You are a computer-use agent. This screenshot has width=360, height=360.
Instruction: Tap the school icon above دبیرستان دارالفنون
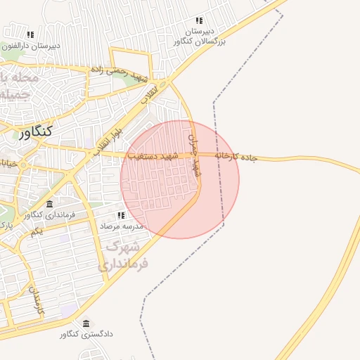pyautogui.click(x=30, y=34)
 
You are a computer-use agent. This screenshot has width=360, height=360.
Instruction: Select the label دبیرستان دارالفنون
pyautogui.click(x=31, y=46)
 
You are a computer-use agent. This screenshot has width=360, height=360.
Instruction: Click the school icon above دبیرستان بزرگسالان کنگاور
pyautogui.click(x=199, y=21)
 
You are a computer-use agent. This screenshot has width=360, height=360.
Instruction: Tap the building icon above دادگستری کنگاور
pyautogui.click(x=86, y=323)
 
